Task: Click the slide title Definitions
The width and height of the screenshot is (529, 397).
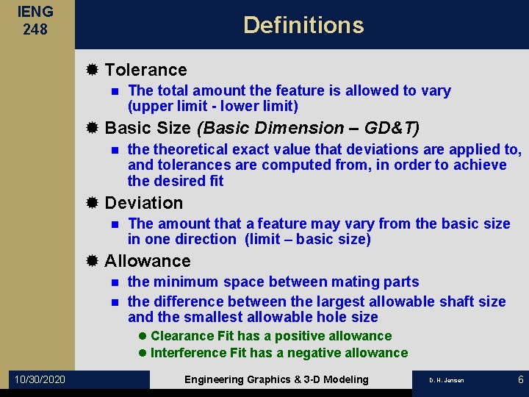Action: pos(303,25)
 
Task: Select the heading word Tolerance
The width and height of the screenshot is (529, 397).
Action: pos(145,70)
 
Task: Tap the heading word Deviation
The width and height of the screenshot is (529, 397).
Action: pos(144,202)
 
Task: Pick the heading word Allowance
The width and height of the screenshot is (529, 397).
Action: pos(148,261)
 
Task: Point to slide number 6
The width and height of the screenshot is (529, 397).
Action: pos(520,379)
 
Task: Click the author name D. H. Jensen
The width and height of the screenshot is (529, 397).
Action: pos(446,380)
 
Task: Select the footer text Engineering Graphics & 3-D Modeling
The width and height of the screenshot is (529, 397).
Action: pos(276,379)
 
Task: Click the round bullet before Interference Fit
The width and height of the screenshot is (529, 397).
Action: pos(143,353)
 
